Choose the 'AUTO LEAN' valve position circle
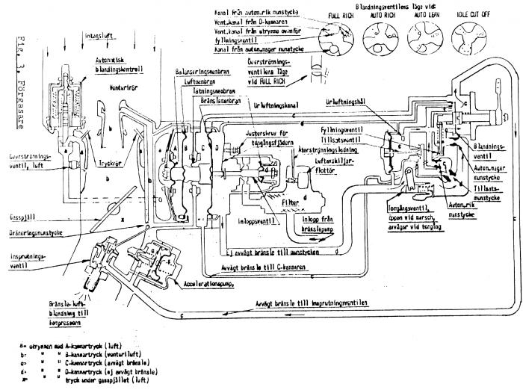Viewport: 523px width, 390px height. point(427,34)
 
